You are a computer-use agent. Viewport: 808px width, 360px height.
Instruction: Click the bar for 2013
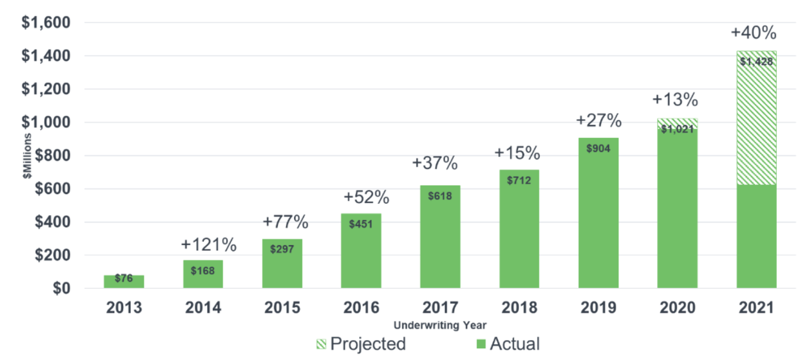(124, 281)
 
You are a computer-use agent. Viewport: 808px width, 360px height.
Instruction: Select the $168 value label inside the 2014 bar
(203, 270)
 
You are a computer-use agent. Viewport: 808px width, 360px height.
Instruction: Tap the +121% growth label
(209, 245)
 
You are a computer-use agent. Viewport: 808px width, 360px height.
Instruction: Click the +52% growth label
(367, 198)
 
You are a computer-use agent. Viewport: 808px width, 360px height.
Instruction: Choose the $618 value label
(440, 196)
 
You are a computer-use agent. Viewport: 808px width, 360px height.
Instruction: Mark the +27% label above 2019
(599, 121)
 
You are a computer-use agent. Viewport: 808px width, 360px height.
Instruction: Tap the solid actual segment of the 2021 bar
(756, 237)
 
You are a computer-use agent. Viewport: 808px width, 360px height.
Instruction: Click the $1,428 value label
(756, 61)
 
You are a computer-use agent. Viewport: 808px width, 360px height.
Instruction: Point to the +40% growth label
(753, 33)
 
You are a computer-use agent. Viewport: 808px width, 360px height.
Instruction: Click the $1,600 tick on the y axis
(45, 23)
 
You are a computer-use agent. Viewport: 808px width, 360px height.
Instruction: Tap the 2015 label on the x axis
(282, 308)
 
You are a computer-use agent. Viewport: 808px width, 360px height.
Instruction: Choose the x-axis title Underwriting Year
(440, 325)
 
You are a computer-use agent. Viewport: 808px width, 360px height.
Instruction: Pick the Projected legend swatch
(321, 344)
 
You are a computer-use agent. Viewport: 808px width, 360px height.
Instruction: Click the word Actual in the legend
(515, 344)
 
